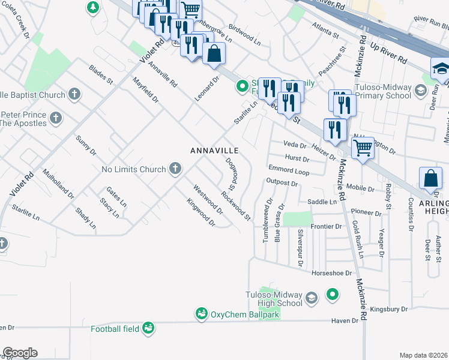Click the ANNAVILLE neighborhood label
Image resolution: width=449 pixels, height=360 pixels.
point(215,150)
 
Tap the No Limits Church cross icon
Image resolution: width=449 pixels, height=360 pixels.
point(175,169)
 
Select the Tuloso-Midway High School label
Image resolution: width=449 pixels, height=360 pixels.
point(274,299)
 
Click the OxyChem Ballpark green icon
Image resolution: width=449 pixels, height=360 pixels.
point(201,314)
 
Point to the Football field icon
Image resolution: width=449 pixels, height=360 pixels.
point(148,328)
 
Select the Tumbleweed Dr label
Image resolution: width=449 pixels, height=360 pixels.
point(266,221)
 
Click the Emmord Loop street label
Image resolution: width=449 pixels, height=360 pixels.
point(289,170)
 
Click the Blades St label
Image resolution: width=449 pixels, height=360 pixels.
point(101,74)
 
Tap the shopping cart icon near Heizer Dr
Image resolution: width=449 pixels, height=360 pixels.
point(363,147)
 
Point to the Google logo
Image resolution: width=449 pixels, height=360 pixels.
point(19,353)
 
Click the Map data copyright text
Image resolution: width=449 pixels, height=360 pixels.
point(424,355)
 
